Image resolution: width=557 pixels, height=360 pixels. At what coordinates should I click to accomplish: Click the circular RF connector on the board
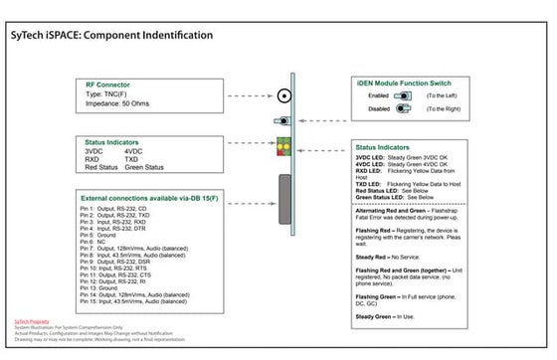(285, 97)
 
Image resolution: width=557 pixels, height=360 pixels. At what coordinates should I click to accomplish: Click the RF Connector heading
(106, 86)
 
